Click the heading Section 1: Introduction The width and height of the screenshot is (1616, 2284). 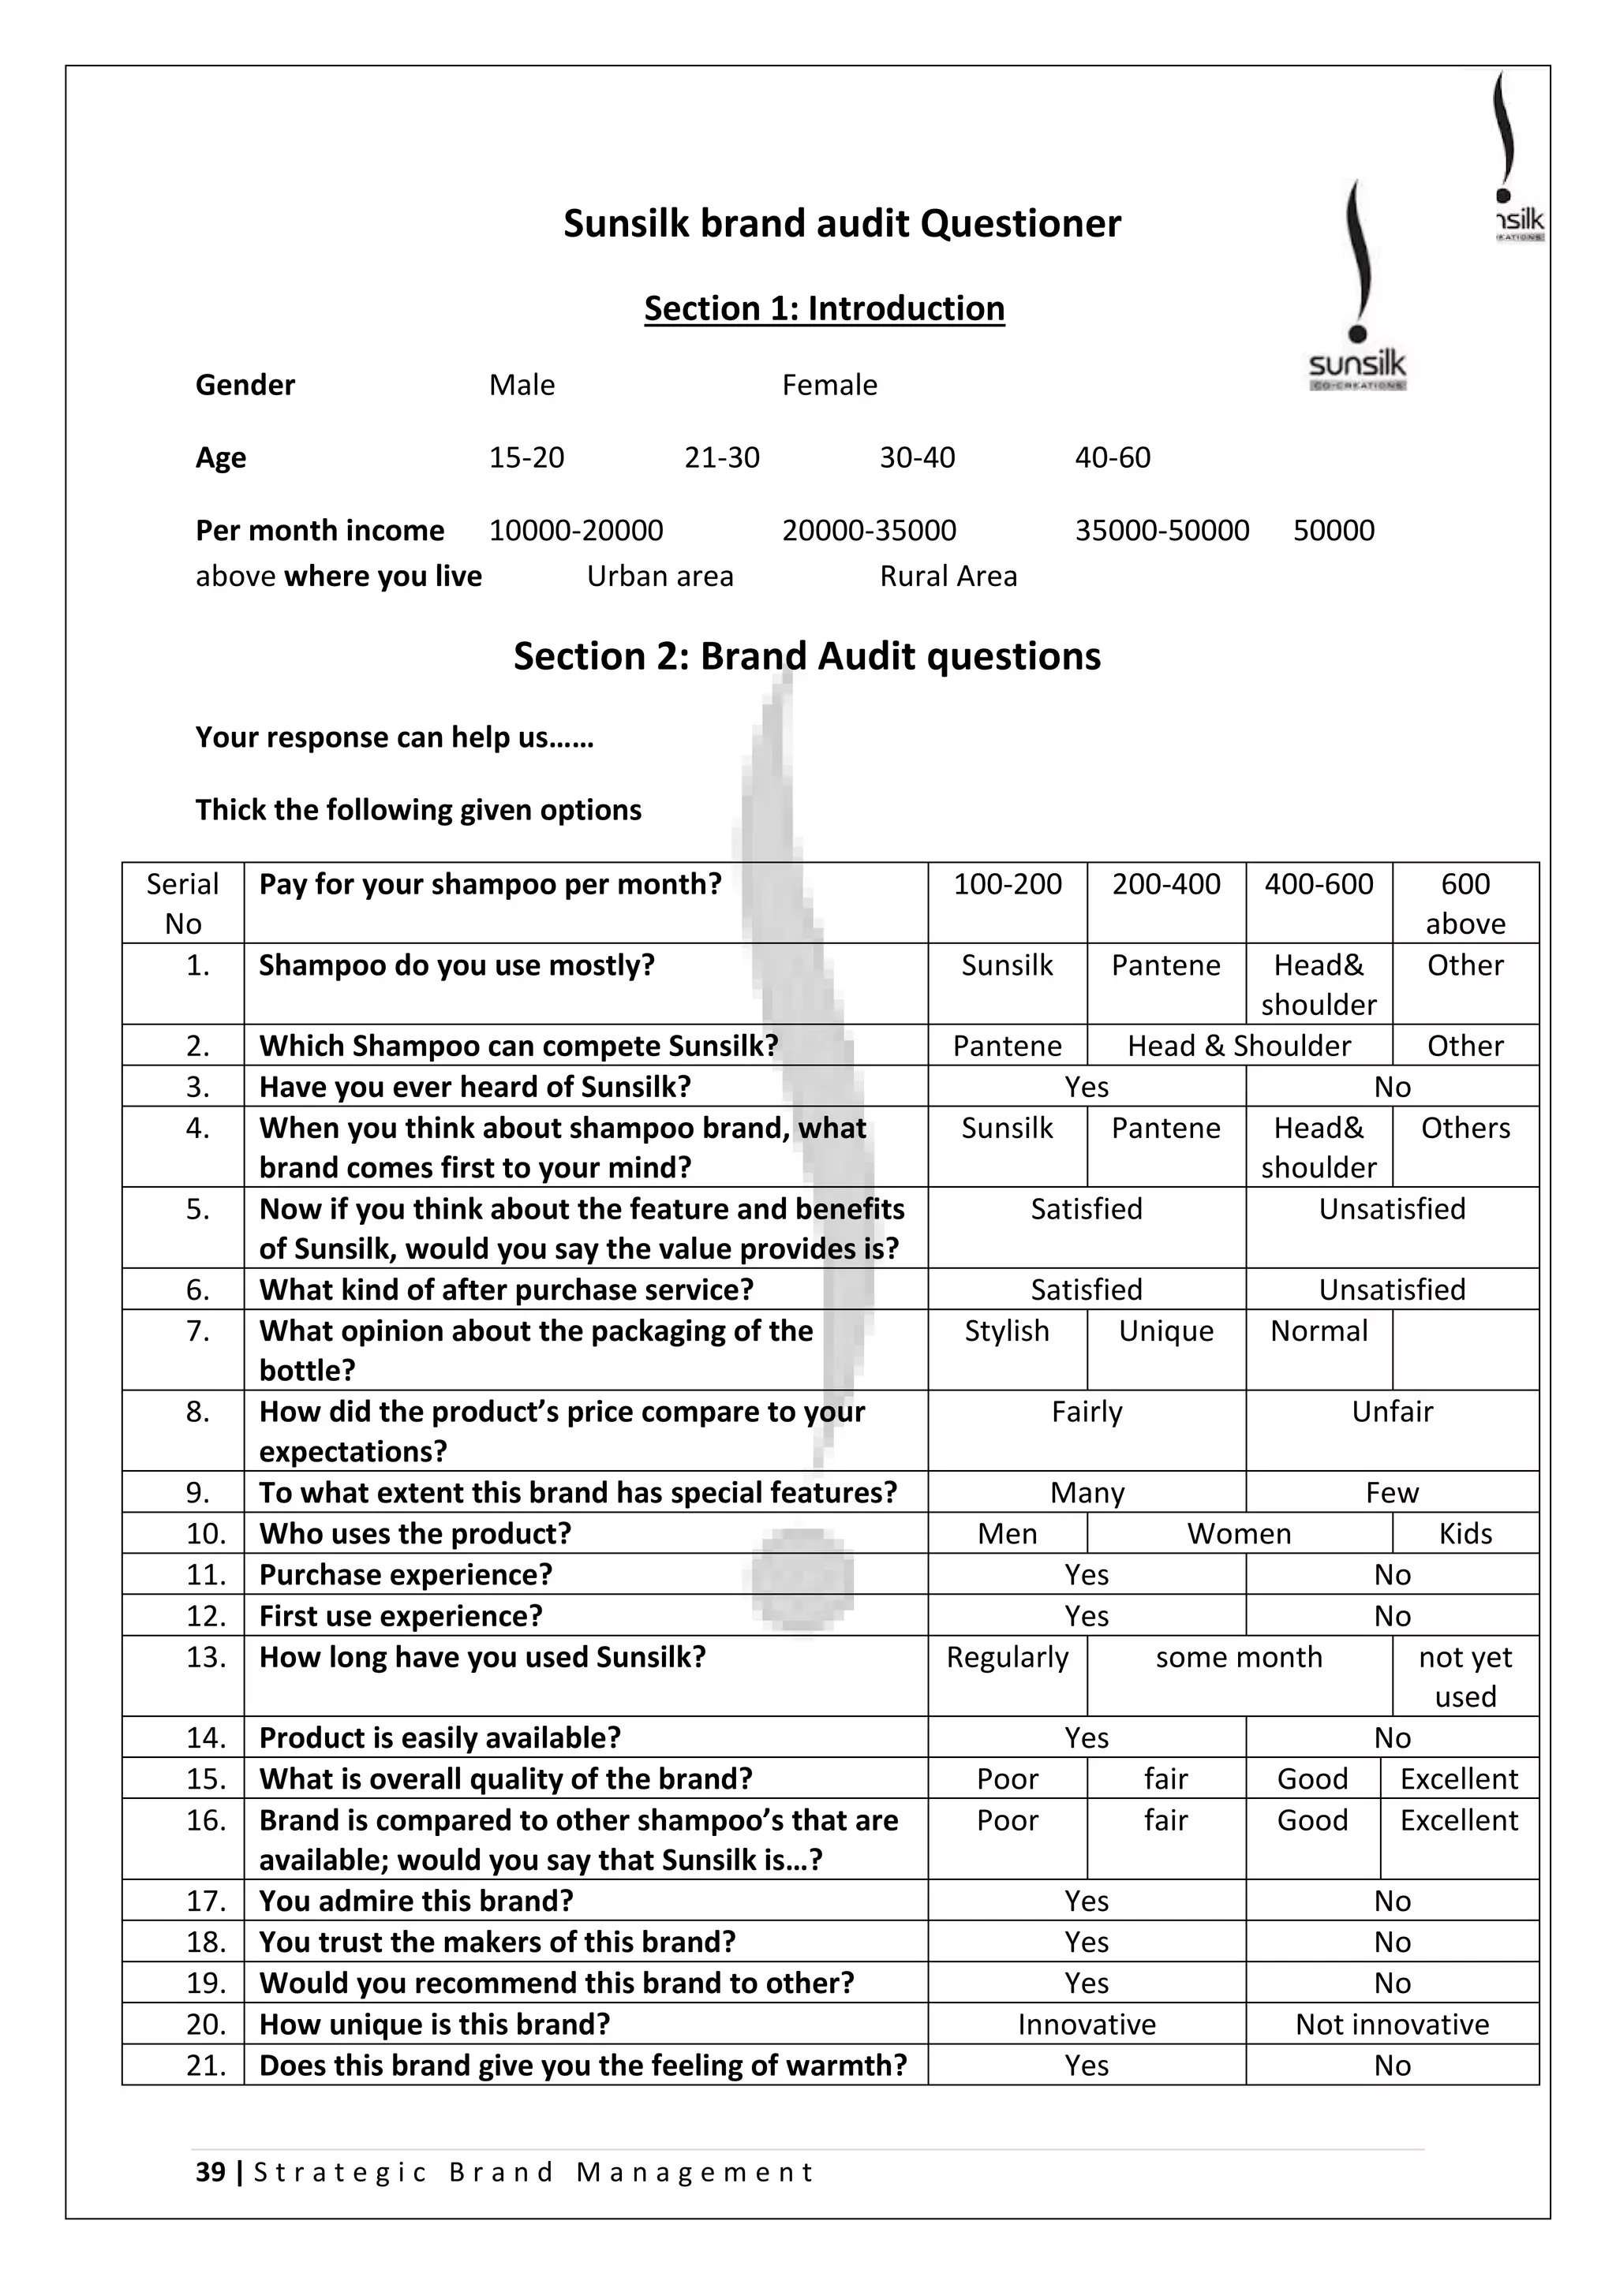pos(824,308)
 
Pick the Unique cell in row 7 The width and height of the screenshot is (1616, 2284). pos(1165,1331)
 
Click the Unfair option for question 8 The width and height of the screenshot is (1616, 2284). pos(1391,1412)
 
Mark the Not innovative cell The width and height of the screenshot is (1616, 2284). pos(1391,2025)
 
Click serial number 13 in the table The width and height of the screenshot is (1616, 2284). pos(206,1657)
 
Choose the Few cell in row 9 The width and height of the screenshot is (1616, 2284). pos(1391,1493)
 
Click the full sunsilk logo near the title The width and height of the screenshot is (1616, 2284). pos(1356,289)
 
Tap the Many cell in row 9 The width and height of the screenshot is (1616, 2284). pos(1087,1493)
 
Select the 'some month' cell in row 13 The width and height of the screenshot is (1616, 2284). pos(1239,1657)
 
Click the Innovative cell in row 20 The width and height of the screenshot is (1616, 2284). pos(1087,2025)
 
